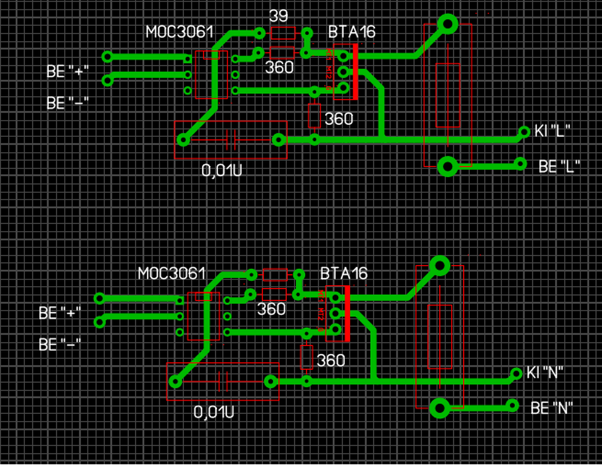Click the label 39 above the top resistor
click(x=278, y=16)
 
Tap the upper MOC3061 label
click(x=180, y=32)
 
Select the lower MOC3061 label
click(x=172, y=273)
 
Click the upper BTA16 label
click(x=352, y=32)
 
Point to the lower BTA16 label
click(x=344, y=273)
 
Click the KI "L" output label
click(x=552, y=131)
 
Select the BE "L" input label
click(x=559, y=166)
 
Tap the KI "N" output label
click(x=545, y=373)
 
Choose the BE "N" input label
click(x=552, y=408)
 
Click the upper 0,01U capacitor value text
click(x=222, y=170)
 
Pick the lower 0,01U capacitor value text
click(x=214, y=412)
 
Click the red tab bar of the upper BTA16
click(x=356, y=71)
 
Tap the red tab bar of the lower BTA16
click(x=348, y=313)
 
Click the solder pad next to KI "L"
click(x=524, y=132)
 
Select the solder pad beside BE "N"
click(x=512, y=405)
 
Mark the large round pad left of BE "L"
click(x=447, y=166)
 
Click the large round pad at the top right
click(x=447, y=24)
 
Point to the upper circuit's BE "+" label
click(x=67, y=71)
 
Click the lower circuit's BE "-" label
click(x=60, y=344)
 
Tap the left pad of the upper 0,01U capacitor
click(x=183, y=140)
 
